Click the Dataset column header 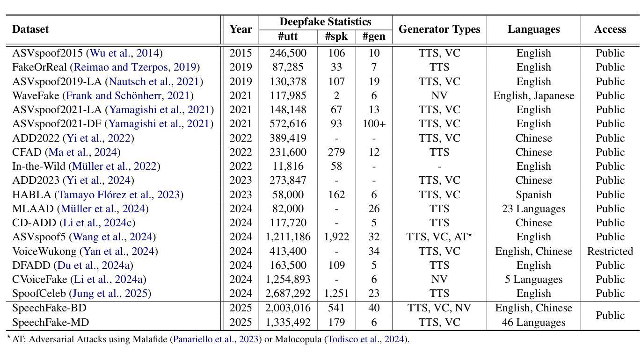30,29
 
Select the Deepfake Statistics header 325,22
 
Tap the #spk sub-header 336,36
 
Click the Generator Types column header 439,29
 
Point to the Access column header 610,29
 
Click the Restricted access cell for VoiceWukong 610,251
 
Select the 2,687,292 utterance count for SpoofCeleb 288,293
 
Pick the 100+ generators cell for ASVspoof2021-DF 374,124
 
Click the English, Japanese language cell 534,95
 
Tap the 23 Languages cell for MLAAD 534,209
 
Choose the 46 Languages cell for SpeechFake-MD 534,322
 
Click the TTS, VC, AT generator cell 439,237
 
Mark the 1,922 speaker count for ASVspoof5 336,237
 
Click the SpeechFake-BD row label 49,308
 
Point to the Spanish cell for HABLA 534,194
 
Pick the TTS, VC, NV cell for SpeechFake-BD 439,308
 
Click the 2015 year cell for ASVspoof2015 240,53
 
